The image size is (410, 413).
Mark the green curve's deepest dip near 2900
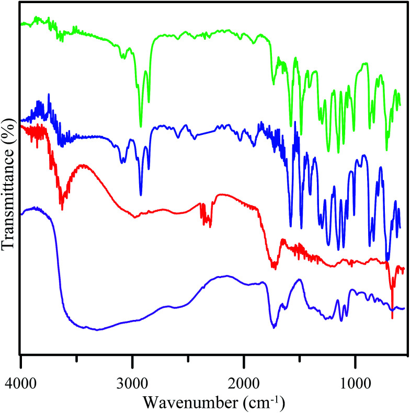[141, 127]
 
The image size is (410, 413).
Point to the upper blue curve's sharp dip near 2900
[141, 194]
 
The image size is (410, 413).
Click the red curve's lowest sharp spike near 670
[392, 318]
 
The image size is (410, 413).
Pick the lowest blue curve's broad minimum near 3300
[97, 330]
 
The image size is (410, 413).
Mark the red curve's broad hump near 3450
[82, 165]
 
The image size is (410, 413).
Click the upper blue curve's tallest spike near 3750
[49, 95]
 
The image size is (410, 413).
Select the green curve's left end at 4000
[21, 24]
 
